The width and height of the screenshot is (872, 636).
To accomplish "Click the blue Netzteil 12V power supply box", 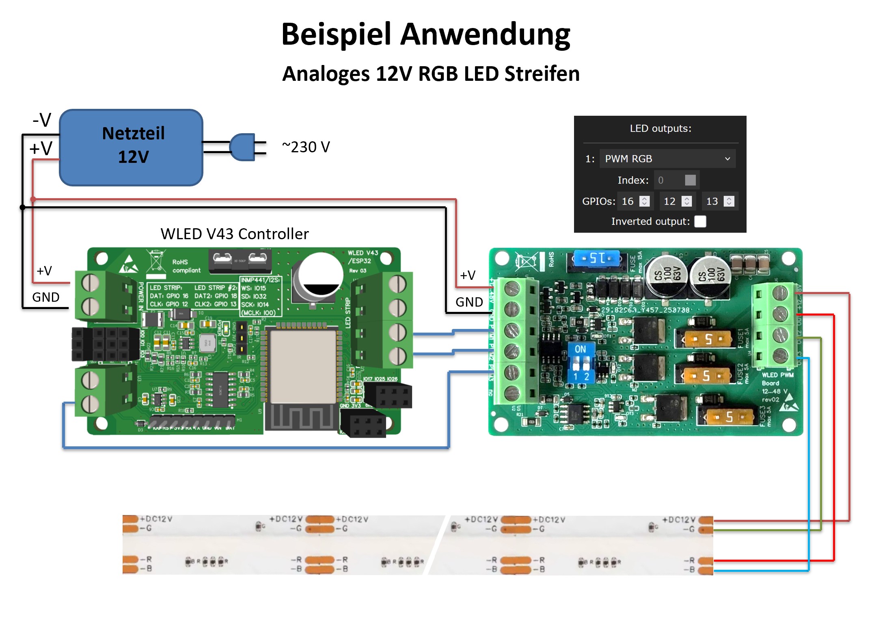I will (x=131, y=147).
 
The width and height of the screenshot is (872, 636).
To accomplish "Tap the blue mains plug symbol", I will (x=243, y=147).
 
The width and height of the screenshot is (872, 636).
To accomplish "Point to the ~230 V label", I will (x=306, y=147).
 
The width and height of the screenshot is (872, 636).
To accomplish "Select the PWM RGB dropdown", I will (x=667, y=159).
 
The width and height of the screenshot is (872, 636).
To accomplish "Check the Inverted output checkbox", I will (x=700, y=221).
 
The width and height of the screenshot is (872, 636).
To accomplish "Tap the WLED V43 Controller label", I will (x=235, y=234).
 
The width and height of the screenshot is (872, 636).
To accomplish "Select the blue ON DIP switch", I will (x=581, y=363).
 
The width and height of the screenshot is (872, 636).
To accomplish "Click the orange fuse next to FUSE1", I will (x=708, y=339).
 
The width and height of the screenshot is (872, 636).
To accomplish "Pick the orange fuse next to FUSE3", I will (x=729, y=417).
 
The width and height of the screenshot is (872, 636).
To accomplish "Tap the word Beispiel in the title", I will (x=336, y=34).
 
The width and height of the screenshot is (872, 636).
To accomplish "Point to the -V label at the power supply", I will (x=42, y=120).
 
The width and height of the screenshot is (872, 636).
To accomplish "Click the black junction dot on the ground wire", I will (x=22, y=208).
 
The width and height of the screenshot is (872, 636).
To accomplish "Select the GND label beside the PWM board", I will (x=469, y=302).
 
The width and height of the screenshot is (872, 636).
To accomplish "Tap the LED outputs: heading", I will (x=660, y=129).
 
